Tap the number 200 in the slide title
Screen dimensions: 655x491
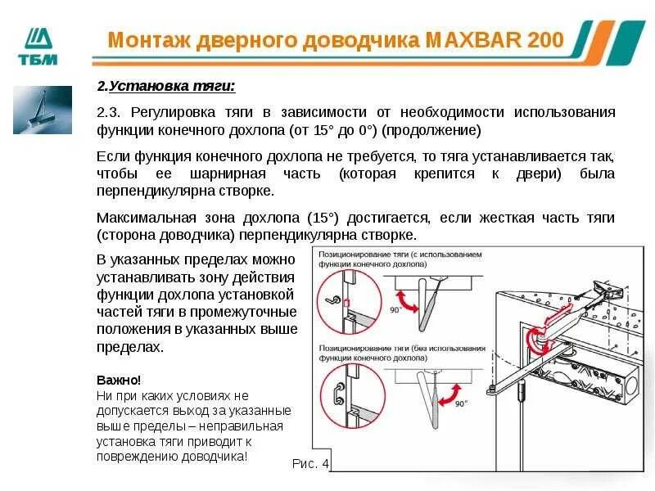tap(545, 39)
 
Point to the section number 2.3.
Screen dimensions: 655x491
tap(109, 111)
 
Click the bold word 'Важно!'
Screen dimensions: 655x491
tap(119, 381)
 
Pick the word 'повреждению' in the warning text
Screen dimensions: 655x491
tap(137, 457)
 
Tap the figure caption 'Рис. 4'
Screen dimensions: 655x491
tap(309, 463)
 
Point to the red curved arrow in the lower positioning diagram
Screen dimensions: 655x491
tap(448, 395)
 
